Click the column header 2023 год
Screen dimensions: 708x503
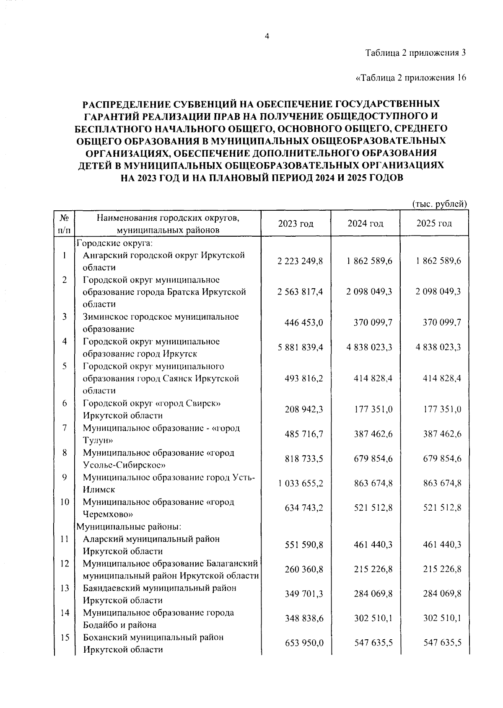[296, 223]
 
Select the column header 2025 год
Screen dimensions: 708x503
[434, 223]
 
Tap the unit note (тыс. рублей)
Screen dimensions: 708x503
[439, 204]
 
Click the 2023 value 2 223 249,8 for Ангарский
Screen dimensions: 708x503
[300, 261]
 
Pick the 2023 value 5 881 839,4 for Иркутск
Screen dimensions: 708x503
[300, 347]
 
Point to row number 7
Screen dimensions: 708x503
[65, 428]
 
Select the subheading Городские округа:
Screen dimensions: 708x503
[117, 243]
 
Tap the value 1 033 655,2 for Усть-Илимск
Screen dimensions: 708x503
[300, 483]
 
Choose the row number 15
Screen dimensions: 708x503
[64, 637]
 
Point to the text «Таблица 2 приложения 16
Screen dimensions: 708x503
[411, 78]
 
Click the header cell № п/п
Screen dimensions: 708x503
[64, 224]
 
